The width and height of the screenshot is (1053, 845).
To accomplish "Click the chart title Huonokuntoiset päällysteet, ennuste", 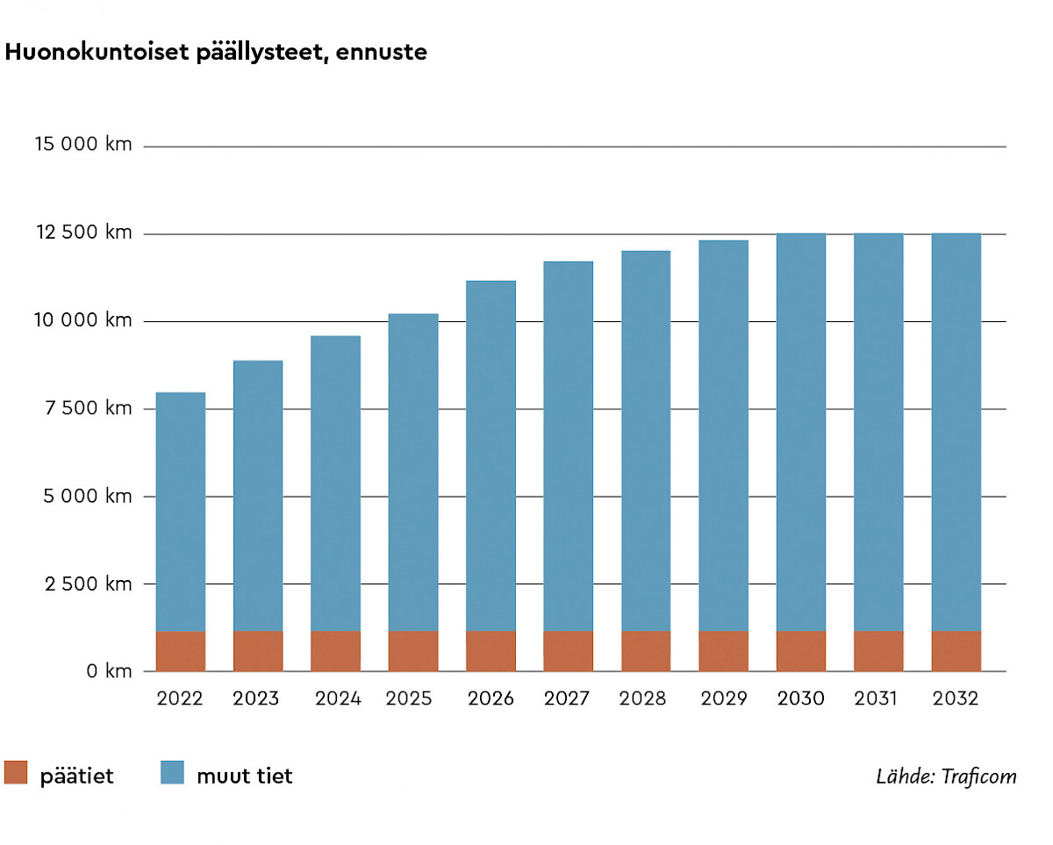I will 216,53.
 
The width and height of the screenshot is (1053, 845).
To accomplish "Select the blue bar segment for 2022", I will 181,512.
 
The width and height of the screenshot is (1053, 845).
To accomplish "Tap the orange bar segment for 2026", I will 491,651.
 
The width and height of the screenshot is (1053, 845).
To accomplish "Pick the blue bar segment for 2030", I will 801,432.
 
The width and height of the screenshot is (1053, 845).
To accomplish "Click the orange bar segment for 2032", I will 956,651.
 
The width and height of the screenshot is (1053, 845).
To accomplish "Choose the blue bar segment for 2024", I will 335,483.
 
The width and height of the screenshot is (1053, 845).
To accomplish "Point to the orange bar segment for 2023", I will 258,651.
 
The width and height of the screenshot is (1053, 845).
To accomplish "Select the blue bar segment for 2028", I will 646,440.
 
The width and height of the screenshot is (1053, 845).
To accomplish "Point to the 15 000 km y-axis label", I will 83,145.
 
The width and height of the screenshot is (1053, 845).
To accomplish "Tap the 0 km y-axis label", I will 108,671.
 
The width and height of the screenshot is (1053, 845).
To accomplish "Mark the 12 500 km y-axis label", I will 83,233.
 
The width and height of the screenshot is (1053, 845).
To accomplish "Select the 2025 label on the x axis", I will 409,699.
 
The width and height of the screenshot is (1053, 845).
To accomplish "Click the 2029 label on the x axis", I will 724,699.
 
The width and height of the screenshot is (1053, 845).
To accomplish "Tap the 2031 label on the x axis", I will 876,699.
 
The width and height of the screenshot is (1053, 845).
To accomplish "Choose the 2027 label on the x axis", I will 567,699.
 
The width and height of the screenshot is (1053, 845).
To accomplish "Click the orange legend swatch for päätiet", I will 17,772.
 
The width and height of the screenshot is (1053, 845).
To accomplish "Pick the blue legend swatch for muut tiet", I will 172,772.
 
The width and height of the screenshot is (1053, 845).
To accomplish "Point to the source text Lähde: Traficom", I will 946,777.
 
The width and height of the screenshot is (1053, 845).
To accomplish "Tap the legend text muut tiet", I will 244,777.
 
